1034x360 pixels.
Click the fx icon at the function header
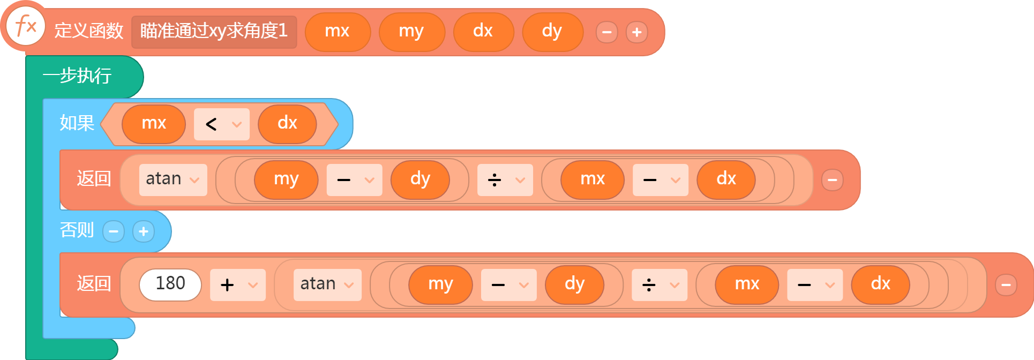pyautogui.click(x=25, y=26)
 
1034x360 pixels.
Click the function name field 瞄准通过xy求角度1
pyautogui.click(x=214, y=32)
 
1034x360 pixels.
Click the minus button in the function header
pyautogui.click(x=607, y=32)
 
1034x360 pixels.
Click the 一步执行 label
pyautogui.click(x=77, y=76)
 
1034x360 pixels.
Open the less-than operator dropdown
pyautogui.click(x=222, y=124)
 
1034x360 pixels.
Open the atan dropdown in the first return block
pyautogui.click(x=173, y=180)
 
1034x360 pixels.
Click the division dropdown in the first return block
pyautogui.click(x=505, y=180)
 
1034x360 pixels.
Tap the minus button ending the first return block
pyautogui.click(x=833, y=180)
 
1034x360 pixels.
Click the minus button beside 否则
pyautogui.click(x=114, y=231)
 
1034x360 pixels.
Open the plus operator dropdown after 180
pyautogui.click(x=238, y=285)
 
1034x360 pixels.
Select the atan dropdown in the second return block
pyautogui.click(x=327, y=285)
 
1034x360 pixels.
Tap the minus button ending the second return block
pyautogui.click(x=1006, y=285)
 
